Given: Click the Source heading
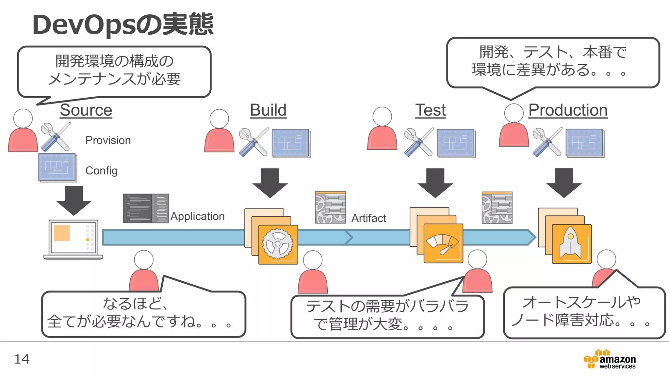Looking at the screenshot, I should coord(86,110).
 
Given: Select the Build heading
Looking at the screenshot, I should coord(268,110).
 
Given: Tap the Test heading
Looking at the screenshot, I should coord(431,110).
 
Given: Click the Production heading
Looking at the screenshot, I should coord(568,110).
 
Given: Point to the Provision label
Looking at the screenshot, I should coord(108,140).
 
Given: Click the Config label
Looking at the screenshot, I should coord(101,171).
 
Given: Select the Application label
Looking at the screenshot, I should coord(197,216).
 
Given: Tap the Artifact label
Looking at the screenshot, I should coord(368,218).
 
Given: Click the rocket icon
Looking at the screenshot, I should coord(571,244).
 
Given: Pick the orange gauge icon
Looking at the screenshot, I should coord(443,243).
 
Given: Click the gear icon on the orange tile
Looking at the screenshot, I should coord(278,244).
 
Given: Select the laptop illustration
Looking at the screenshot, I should coord(73,239).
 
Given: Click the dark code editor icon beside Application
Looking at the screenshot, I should coord(146,208).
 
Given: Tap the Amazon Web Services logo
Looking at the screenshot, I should coord(610,359).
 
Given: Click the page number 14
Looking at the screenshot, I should coord(22,359).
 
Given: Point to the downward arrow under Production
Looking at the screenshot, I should coord(564,183).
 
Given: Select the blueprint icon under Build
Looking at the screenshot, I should coord(291,143).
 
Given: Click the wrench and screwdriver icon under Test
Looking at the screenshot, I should coord(418,142).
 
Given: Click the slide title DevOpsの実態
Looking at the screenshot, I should coord(122,24).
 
